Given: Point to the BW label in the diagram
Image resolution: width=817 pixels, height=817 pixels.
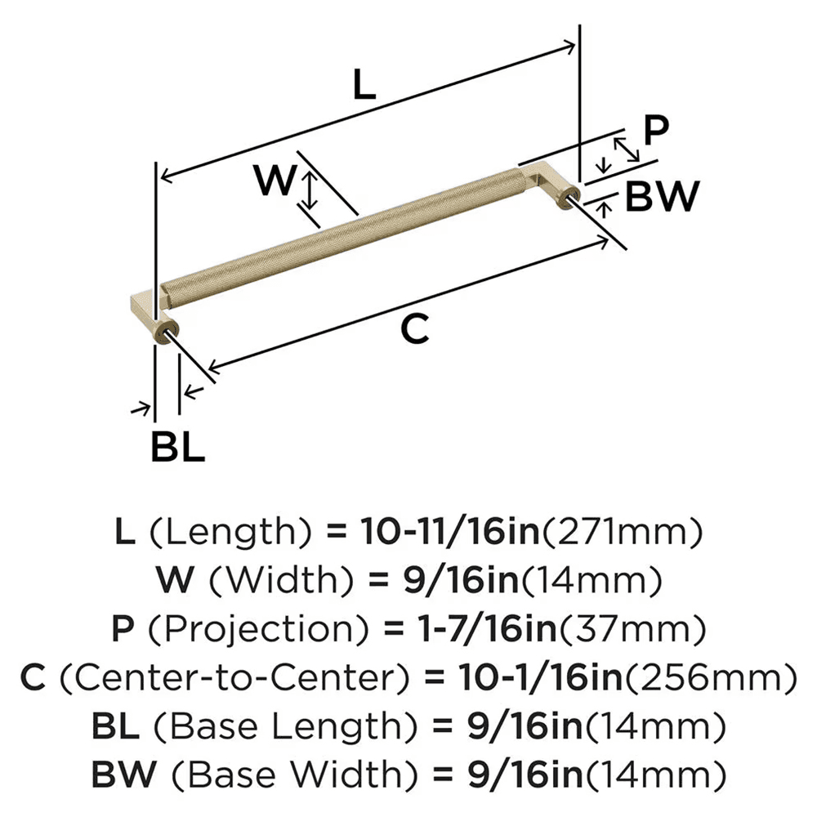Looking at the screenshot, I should (663, 197).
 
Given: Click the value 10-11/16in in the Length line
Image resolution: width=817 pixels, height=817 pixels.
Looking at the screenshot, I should (448, 533).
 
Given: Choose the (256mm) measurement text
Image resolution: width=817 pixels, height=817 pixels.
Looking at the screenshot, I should (715, 677).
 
